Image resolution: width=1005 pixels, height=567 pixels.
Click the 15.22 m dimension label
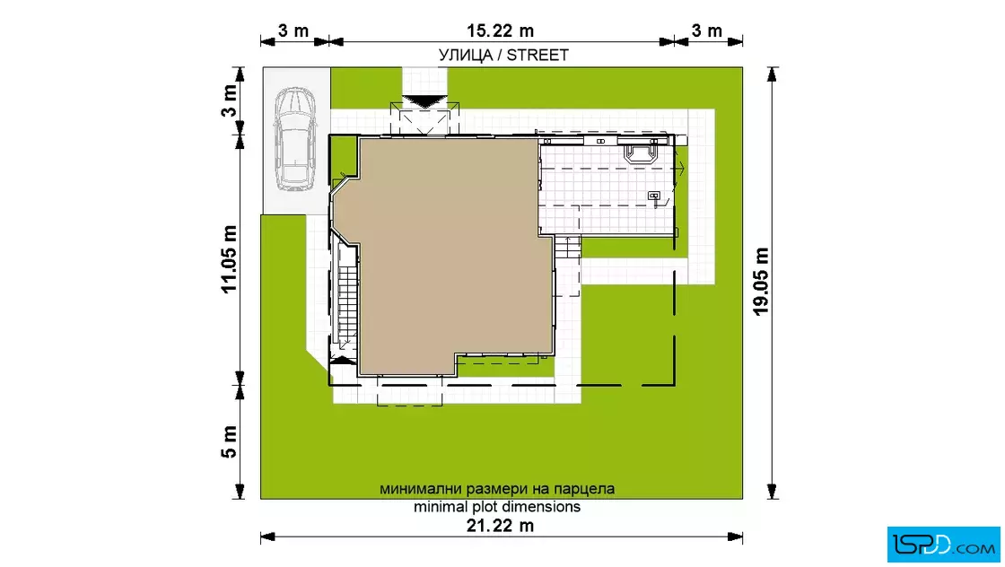point(500,31)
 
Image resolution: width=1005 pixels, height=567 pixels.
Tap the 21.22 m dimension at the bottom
point(500,526)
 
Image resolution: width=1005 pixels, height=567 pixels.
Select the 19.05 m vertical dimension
point(761,282)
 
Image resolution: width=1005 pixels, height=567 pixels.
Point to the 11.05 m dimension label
point(229,259)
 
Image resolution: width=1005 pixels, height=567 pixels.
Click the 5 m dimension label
point(229,441)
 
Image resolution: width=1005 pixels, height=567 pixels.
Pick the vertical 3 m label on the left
point(229,100)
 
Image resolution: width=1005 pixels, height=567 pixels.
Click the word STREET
point(537,55)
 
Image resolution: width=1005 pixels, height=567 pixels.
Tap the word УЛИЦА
point(466,55)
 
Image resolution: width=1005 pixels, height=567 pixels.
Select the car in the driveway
point(295,139)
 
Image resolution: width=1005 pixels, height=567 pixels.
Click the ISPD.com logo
point(943,544)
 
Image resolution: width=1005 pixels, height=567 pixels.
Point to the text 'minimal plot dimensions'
point(497,507)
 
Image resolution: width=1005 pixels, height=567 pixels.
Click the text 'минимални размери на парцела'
point(497,489)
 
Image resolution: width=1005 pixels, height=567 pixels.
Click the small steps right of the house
point(567,247)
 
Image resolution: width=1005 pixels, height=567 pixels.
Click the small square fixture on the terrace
point(654,196)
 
